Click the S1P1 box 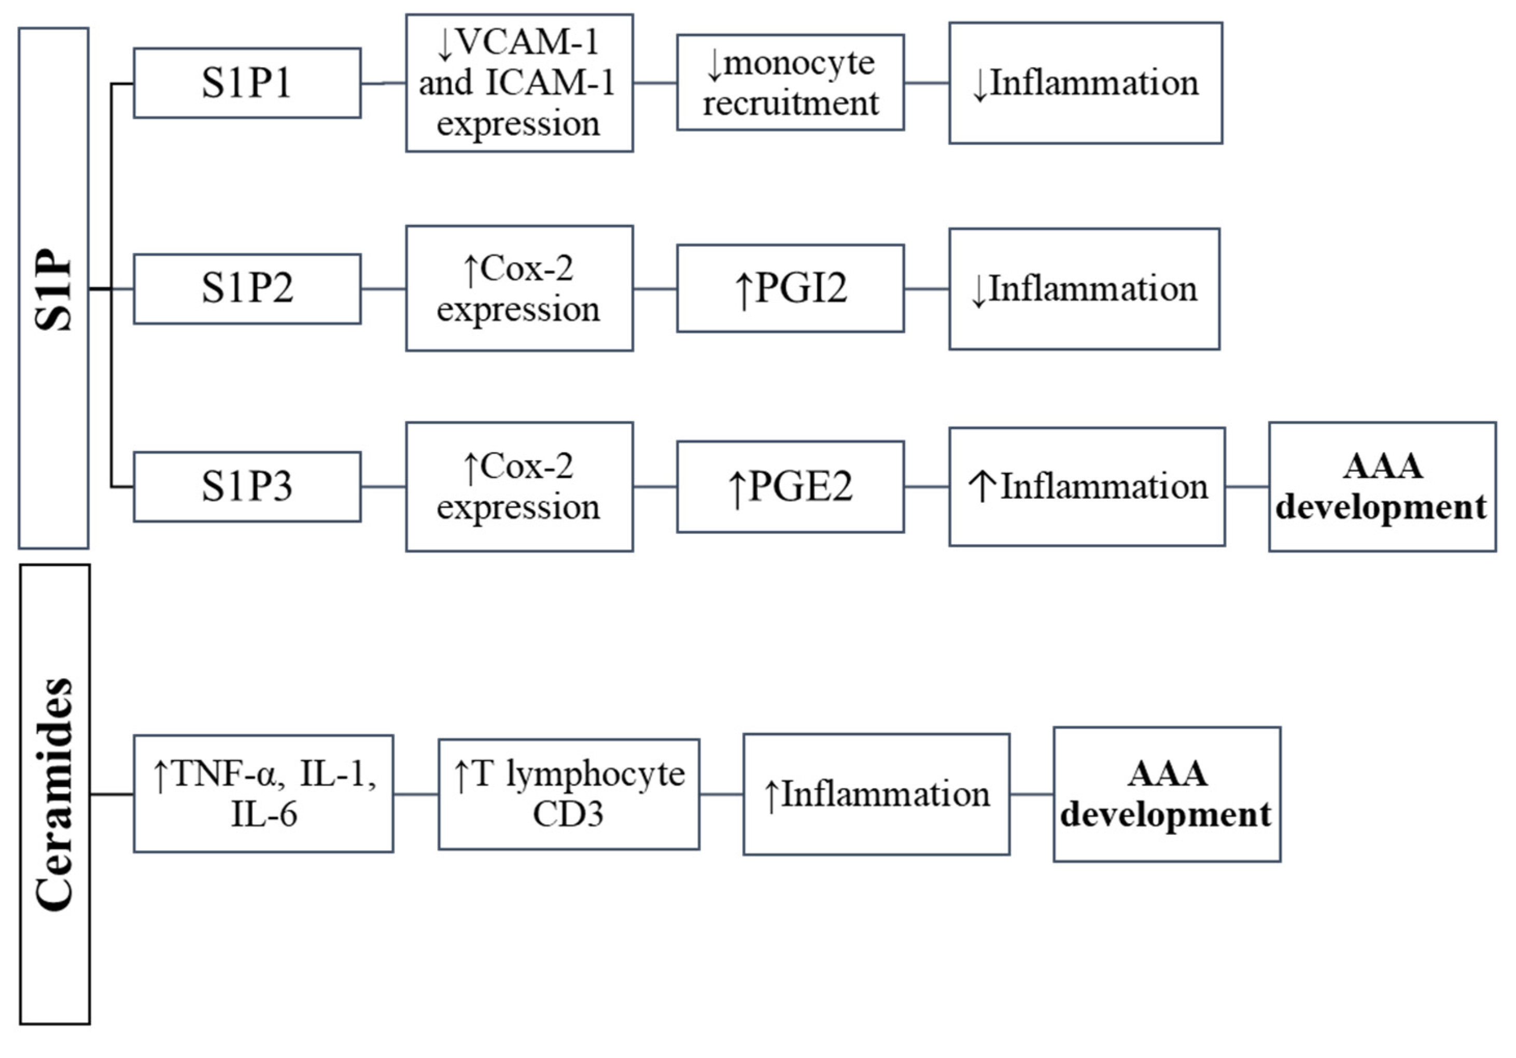(x=247, y=83)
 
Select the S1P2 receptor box (x=247, y=288)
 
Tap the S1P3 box (x=247, y=486)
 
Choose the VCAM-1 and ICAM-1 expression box (x=519, y=83)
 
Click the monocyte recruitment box (x=790, y=83)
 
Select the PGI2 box (x=790, y=288)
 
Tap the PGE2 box (x=790, y=486)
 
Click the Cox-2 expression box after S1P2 (x=519, y=288)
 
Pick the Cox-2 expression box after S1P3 (x=519, y=486)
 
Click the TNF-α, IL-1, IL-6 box (x=263, y=794)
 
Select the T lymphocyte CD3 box (x=568, y=794)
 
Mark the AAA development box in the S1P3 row (x=1382, y=486)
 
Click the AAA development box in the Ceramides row (x=1167, y=794)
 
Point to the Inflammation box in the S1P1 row (x=1086, y=83)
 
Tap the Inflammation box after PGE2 (x=1087, y=486)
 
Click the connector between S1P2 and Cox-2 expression (x=383, y=288)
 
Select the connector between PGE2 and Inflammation (x=927, y=486)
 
